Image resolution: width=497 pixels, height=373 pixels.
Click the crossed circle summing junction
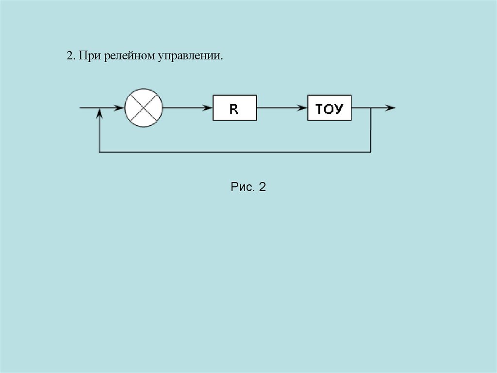point(143,107)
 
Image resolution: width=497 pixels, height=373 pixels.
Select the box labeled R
point(234,108)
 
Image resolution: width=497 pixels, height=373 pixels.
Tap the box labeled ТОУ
point(330,108)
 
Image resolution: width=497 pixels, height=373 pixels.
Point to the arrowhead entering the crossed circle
point(120,107)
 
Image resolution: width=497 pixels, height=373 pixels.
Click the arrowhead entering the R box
point(209,107)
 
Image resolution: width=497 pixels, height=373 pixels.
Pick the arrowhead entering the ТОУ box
point(303,107)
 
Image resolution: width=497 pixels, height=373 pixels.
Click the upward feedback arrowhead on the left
point(99,112)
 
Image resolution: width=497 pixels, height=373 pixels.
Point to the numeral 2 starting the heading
point(69,56)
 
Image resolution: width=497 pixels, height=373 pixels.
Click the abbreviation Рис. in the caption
point(243,187)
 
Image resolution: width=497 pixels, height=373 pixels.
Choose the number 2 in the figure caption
point(262,187)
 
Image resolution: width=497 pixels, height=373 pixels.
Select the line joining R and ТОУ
point(282,107)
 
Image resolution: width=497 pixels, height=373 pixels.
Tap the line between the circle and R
point(187,107)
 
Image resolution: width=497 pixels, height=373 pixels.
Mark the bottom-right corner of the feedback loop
point(371,152)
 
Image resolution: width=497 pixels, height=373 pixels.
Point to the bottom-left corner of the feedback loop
point(99,152)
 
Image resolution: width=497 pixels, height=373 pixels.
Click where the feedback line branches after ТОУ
point(371,107)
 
